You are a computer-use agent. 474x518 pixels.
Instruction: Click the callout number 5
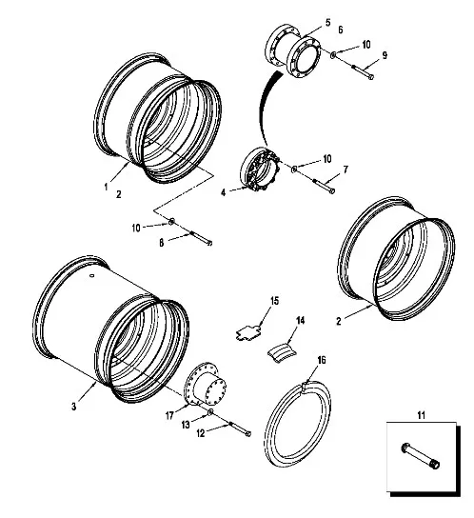click(327, 23)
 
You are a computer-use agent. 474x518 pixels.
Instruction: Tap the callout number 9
click(385, 55)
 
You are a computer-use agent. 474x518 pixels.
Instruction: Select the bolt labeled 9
click(362, 71)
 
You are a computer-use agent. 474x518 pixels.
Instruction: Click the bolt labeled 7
click(324, 186)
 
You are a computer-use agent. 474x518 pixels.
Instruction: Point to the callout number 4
click(224, 192)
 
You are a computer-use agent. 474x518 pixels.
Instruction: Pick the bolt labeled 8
click(200, 238)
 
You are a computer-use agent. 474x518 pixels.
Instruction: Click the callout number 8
click(161, 243)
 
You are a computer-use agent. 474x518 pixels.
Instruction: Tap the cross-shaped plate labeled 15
click(248, 332)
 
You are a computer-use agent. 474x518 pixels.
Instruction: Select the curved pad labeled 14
click(282, 352)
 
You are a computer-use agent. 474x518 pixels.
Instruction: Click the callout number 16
click(322, 360)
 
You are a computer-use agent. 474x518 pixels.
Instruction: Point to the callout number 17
click(169, 415)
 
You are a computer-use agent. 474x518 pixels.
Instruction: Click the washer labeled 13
click(210, 412)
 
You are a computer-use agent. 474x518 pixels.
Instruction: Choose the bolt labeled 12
click(239, 428)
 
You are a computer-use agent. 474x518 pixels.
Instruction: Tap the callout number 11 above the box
click(421, 415)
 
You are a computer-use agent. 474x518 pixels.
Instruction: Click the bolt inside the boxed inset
click(421, 456)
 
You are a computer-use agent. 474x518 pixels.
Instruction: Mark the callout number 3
click(73, 406)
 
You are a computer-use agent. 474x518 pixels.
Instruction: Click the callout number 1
click(106, 187)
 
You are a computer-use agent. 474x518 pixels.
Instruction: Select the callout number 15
click(274, 301)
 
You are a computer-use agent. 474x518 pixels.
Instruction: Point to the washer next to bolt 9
click(333, 54)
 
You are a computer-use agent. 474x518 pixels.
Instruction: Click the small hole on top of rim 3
click(92, 274)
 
